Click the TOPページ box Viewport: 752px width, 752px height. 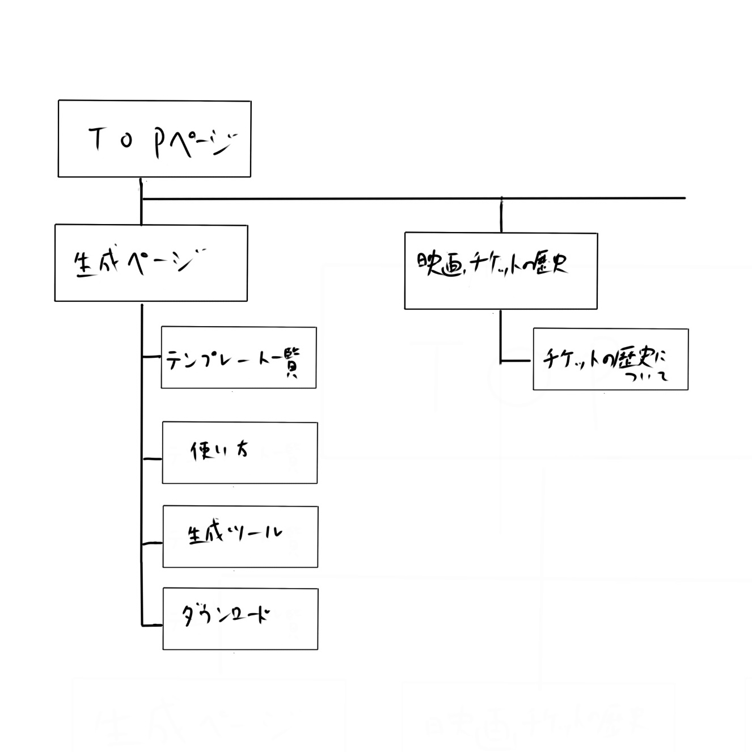(154, 139)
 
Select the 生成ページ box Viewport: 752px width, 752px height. (151, 263)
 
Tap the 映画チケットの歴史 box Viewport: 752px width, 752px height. (501, 271)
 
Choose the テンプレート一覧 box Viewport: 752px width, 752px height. (239, 357)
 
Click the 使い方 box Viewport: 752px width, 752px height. (240, 453)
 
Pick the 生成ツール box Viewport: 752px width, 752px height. (240, 536)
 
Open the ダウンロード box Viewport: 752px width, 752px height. (240, 619)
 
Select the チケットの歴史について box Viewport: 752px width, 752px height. (611, 359)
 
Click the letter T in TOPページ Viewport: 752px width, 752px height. (97, 139)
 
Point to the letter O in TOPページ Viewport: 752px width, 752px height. (126, 141)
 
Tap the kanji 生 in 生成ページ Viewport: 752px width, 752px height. (83, 264)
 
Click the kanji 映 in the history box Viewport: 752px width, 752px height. (428, 263)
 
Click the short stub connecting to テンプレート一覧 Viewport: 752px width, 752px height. (151, 357)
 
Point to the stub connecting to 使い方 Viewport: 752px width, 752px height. (152, 458)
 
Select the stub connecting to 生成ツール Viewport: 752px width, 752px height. (152, 543)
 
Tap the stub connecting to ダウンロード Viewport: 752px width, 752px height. (152, 625)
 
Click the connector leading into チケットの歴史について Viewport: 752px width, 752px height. (516, 361)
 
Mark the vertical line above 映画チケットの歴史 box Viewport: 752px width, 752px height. (501, 215)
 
